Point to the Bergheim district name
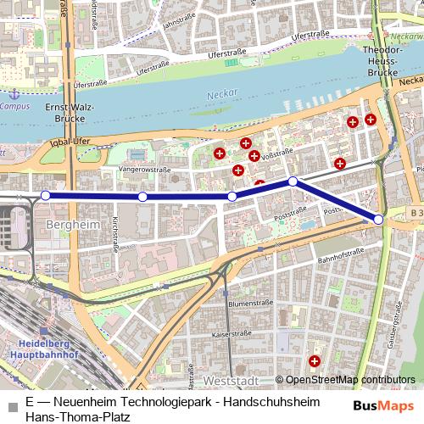point(68,229)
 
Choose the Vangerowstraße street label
point(145,169)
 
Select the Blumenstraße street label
point(248,303)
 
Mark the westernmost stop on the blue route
point(46,195)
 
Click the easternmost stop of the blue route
point(378,220)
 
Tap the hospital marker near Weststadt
point(315,362)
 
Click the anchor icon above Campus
point(13,93)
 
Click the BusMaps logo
point(383,405)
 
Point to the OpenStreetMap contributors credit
point(350,380)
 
